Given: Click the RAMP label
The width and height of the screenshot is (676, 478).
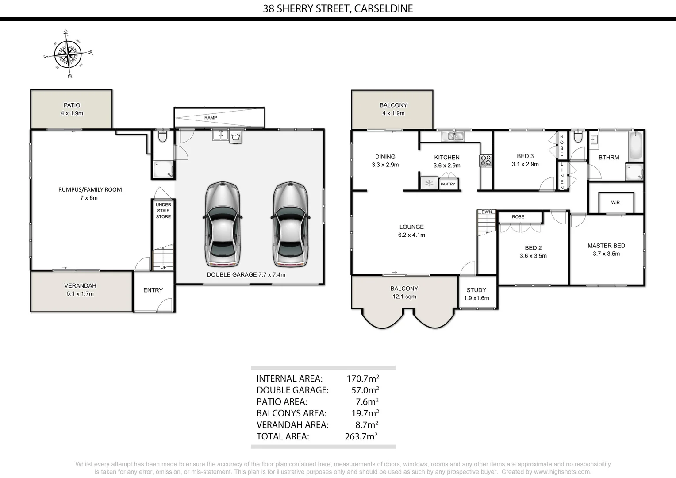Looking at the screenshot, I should [x=211, y=118].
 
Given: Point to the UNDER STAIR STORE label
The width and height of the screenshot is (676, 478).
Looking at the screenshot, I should [x=163, y=211].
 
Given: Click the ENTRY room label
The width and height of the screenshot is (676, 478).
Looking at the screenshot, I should [x=153, y=290].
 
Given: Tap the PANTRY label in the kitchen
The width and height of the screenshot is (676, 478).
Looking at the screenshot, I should [x=448, y=184].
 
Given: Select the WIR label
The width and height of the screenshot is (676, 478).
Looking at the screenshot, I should [x=615, y=203].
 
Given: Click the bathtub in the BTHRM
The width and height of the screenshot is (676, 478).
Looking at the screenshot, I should [x=636, y=146].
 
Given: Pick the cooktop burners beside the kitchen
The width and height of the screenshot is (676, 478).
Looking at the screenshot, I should [x=486, y=160].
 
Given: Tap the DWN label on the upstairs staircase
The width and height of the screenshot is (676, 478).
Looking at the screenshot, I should [x=487, y=212].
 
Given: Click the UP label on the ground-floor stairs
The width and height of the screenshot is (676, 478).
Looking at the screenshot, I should [x=163, y=267].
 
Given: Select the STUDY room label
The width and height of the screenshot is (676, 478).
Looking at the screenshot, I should [x=476, y=290].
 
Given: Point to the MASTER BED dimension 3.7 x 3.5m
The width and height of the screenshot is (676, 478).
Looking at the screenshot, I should [x=606, y=254].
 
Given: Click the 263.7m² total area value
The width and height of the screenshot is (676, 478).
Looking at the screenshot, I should [x=361, y=436].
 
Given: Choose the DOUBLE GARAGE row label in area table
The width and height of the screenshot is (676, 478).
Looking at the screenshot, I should [x=292, y=390].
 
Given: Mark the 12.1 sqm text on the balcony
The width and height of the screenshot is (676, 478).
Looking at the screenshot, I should [x=404, y=297].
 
